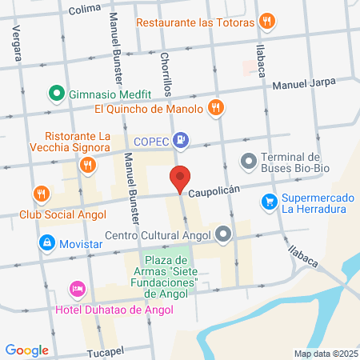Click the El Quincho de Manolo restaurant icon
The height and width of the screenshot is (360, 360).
(x=214, y=108)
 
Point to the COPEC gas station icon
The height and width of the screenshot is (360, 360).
(x=182, y=140)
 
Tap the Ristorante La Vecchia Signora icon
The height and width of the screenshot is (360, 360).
(x=87, y=165)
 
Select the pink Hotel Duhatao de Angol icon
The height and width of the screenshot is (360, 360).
(x=78, y=287)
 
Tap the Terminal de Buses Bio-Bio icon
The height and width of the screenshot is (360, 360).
(x=249, y=162)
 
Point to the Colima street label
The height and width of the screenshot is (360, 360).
(x=85, y=10)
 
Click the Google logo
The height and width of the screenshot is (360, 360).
(x=26, y=350)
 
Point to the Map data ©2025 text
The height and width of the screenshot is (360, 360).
(x=324, y=354)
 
